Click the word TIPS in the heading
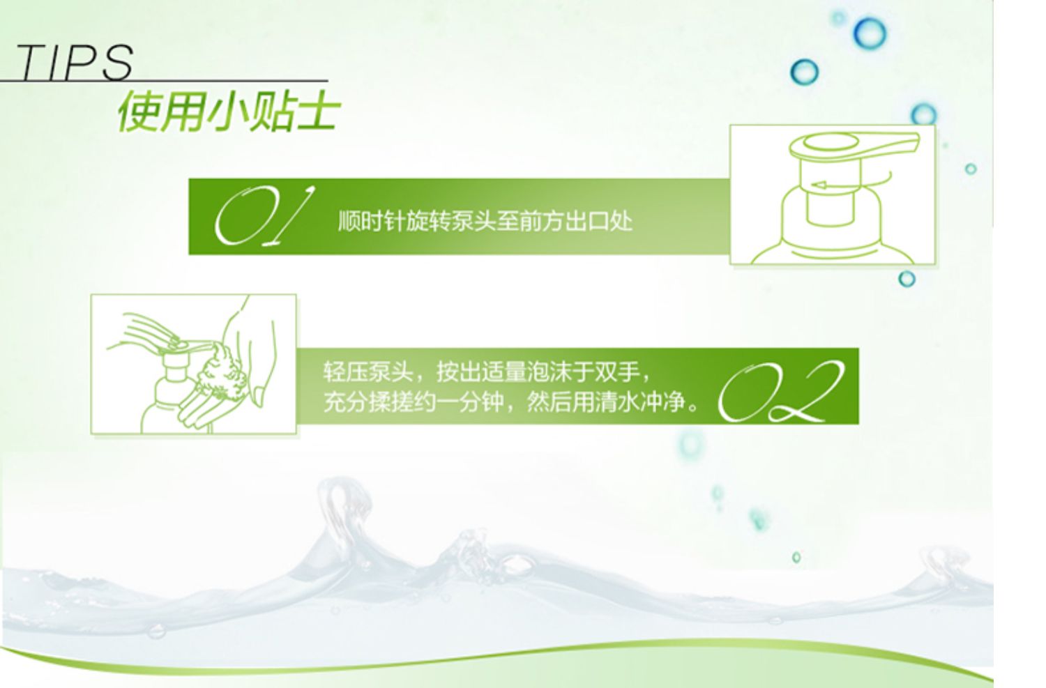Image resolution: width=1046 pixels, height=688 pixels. [x=75, y=62]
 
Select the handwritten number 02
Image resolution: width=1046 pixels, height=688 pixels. [x=781, y=391]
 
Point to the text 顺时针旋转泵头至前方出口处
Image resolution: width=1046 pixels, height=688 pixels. [x=485, y=221]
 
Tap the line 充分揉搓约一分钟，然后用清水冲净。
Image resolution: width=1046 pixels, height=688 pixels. [x=511, y=402]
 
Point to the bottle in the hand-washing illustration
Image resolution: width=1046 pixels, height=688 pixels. [x=166, y=392]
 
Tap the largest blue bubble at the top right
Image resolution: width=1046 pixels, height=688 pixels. [x=870, y=33]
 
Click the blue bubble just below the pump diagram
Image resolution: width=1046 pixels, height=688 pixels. [x=907, y=279]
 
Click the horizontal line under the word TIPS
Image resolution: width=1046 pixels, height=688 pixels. [x=164, y=81]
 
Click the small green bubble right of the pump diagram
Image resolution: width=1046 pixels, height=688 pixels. [x=971, y=169]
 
